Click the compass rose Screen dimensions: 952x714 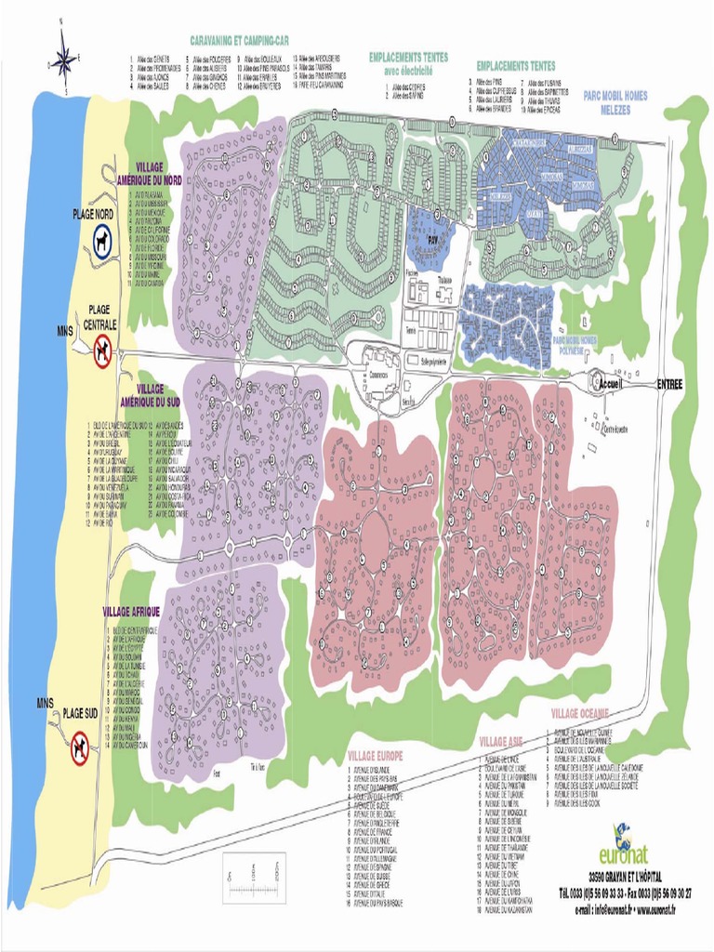[x=64, y=59]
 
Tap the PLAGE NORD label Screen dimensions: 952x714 [x=92, y=214]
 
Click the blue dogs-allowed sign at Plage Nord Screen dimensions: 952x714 [x=100, y=243]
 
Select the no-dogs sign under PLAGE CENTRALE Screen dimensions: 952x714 [x=101, y=350]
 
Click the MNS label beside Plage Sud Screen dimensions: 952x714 [x=45, y=703]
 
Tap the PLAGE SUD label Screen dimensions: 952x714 [x=80, y=715]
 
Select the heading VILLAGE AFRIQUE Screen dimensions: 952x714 [x=131, y=611]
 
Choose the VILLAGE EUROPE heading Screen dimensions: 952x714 [x=375, y=756]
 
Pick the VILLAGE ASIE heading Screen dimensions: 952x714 [x=501, y=742]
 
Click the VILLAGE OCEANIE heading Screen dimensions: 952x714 [x=580, y=713]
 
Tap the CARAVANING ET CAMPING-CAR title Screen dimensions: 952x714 [x=239, y=42]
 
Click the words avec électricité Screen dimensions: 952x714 [x=408, y=68]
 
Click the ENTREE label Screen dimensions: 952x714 [x=669, y=384]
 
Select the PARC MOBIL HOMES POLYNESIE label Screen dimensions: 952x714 [x=580, y=344]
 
